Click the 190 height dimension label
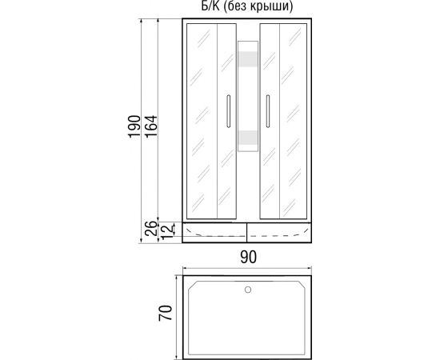click(134, 126)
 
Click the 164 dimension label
click(151, 126)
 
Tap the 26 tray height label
click(151, 229)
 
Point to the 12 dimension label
click(168, 231)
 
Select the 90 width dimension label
click(248, 257)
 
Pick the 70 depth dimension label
click(165, 313)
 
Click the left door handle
click(229, 111)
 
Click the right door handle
click(268, 111)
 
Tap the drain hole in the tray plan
click(248, 290)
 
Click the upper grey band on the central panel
click(248, 59)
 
